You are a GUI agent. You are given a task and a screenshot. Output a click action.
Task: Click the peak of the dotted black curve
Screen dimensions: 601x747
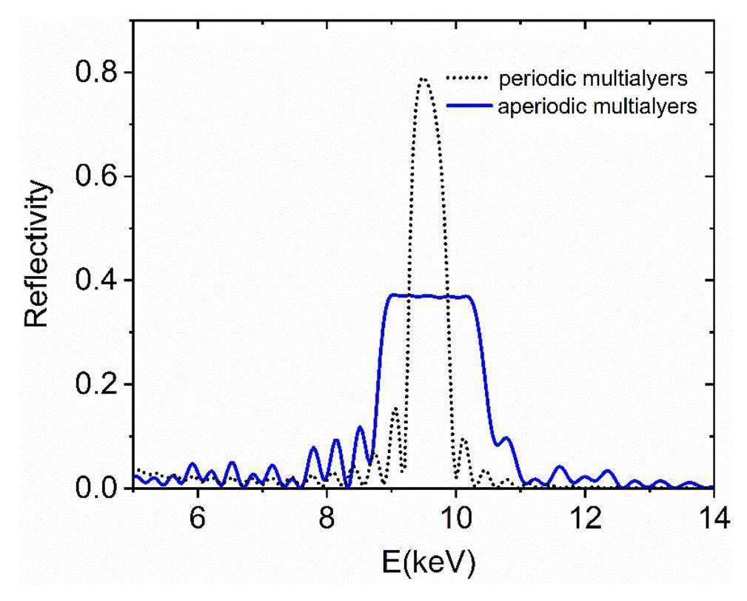(x=423, y=78)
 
